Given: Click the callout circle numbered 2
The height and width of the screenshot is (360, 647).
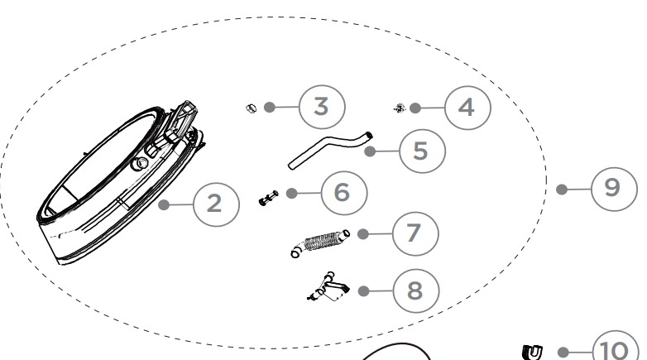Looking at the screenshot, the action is (216, 204).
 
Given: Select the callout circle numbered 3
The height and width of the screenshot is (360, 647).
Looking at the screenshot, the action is (322, 107).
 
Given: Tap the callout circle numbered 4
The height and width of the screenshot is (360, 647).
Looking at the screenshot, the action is (467, 108).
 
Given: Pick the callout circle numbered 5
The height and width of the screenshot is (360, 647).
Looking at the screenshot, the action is (422, 151).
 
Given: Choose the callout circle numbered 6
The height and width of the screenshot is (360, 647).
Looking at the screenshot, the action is (343, 193).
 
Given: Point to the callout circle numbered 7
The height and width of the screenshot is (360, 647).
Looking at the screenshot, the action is (415, 233).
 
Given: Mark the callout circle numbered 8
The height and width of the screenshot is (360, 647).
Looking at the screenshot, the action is (416, 291).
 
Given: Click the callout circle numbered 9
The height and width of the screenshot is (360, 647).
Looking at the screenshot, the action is (614, 189).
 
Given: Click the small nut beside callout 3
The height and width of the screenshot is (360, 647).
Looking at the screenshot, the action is (251, 108).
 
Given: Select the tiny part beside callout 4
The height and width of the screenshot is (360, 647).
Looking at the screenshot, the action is (400, 108).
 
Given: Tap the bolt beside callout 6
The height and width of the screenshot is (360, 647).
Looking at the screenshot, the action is (268, 198).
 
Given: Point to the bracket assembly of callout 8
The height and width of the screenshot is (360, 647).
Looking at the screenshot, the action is (328, 286).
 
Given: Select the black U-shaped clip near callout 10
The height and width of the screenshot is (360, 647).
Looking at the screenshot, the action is (532, 353).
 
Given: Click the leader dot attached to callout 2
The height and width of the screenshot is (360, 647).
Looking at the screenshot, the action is (164, 204).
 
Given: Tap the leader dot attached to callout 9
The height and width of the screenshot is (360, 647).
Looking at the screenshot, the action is (561, 189).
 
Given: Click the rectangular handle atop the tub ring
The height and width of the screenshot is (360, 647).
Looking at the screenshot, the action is (182, 120).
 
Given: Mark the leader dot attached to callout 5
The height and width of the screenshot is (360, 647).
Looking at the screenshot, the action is (370, 151).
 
